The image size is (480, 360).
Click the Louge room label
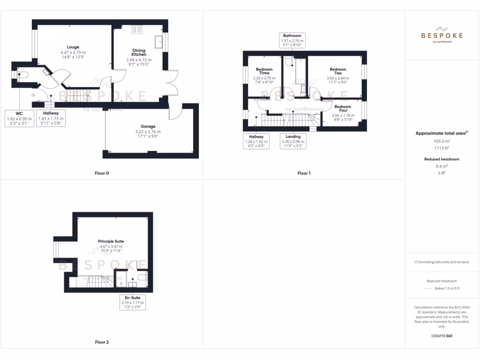pos(73,47)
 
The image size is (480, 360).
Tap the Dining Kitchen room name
pos(139,52)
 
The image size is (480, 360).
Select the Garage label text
pos(148,126)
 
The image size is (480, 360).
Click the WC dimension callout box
pos(19,119)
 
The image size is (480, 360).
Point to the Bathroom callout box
pos(292,41)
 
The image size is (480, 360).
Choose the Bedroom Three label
pos(264,71)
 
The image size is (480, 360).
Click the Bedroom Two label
pos(337,71)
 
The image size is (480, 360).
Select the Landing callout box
pos(293,141)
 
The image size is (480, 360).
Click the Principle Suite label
pos(111,241)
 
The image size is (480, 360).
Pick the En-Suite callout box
pos(133,302)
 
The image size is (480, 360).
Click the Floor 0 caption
pos(102,173)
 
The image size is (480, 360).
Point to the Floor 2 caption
pos(102,342)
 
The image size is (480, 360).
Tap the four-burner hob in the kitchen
pos(138,29)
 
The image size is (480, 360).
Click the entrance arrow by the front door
pos(32,95)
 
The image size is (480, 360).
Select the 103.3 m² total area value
pos(441,141)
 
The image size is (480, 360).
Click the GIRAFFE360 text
pos(442,336)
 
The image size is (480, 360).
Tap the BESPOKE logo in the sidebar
pos(442,35)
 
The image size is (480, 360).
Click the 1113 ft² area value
pos(441,147)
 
